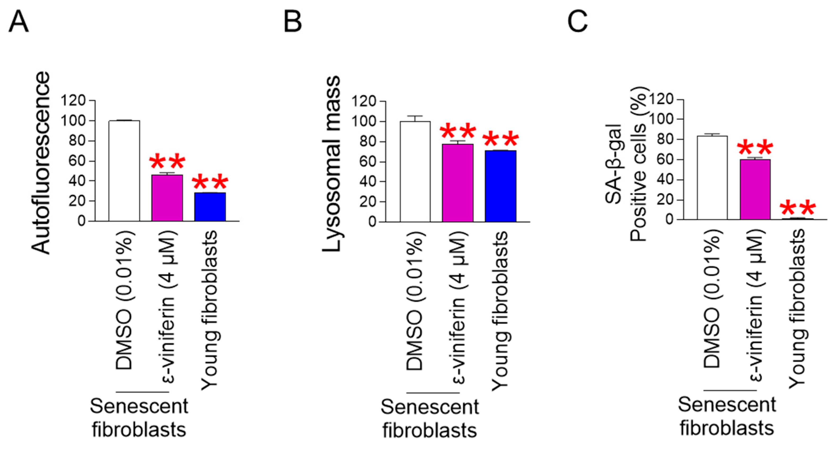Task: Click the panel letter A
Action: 19,21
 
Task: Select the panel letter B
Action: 293,21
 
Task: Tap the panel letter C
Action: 577,21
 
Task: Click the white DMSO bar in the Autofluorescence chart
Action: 124,171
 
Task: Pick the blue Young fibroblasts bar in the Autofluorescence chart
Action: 210,207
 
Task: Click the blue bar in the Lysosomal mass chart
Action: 500,186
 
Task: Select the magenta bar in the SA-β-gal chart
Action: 755,190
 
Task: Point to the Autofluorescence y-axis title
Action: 41,162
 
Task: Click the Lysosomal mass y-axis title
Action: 332,164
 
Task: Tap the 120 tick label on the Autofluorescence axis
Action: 73,101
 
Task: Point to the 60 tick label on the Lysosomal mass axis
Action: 368,162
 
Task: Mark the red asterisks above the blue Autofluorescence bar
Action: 210,182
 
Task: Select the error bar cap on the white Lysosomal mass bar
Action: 415,116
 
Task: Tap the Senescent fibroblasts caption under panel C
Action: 727,416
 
